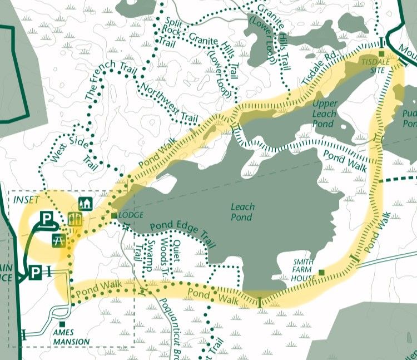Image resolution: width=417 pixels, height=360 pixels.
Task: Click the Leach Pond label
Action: tap(242, 211)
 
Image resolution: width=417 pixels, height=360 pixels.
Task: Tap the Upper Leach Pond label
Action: tap(325, 114)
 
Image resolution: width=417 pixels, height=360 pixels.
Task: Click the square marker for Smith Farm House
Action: tap(321, 272)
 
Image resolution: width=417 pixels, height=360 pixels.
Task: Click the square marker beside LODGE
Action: tap(113, 215)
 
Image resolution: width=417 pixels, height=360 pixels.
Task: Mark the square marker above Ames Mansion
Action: tap(62, 324)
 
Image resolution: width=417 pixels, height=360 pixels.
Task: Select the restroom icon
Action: tap(75, 219)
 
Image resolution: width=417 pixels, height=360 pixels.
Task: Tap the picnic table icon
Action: tap(59, 240)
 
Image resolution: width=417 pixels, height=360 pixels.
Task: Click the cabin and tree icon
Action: tap(86, 203)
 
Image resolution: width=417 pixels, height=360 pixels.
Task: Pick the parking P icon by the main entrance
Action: tap(36, 273)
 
